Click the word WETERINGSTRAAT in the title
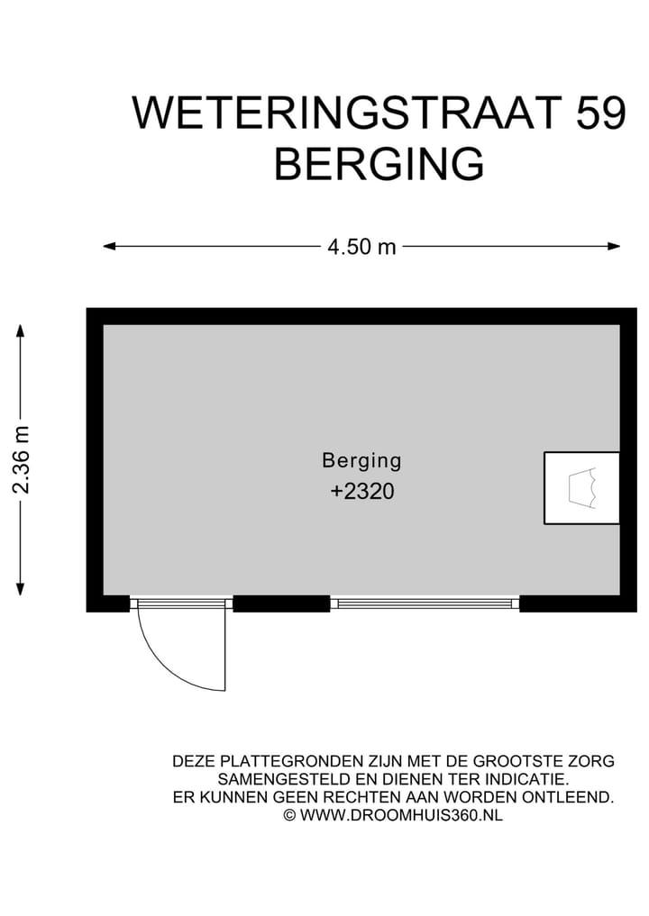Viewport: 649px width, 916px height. pyautogui.click(x=333, y=113)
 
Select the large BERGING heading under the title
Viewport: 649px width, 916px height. pyautogui.click(x=379, y=165)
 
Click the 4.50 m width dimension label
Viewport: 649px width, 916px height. pyautogui.click(x=361, y=247)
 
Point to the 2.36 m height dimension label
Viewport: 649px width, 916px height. pyautogui.click(x=22, y=459)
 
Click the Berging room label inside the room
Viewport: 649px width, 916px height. pyautogui.click(x=361, y=460)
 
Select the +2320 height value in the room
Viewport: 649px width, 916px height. pyautogui.click(x=362, y=492)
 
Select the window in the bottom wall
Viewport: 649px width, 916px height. pyautogui.click(x=425, y=603)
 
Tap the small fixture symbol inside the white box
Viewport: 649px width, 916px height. pyautogui.click(x=581, y=488)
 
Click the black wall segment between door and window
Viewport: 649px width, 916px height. pyautogui.click(x=281, y=603)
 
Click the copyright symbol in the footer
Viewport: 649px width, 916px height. pyautogui.click(x=289, y=815)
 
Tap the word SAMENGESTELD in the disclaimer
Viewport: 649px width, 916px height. pyautogui.click(x=270, y=779)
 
